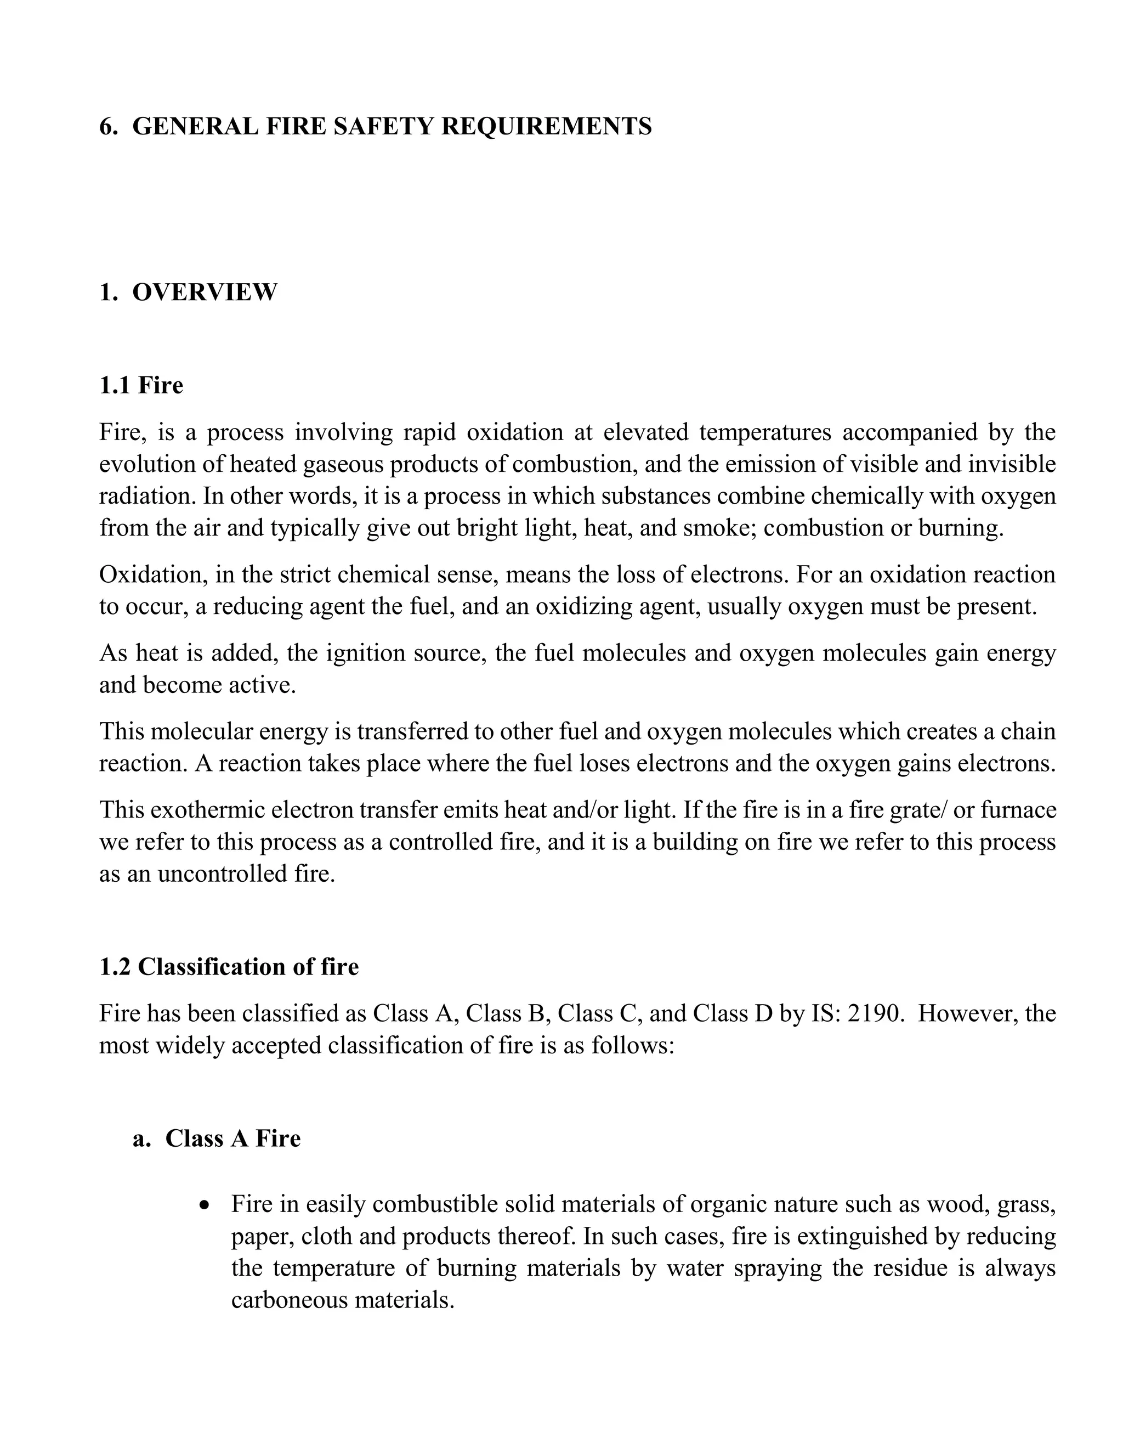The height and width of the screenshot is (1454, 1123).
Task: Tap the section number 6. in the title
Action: (x=108, y=127)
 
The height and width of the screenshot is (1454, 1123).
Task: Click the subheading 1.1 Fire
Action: (x=141, y=386)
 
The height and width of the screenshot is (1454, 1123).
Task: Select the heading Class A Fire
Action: (x=233, y=1139)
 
